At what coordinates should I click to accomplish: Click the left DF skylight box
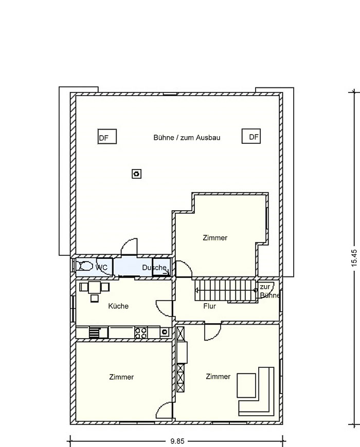(x=107, y=137)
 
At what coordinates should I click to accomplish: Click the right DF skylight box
(x=251, y=136)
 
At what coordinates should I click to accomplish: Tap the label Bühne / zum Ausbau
(x=187, y=138)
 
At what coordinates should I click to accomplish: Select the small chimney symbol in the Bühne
(x=137, y=174)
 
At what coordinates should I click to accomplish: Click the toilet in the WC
(x=85, y=266)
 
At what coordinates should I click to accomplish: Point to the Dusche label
(x=154, y=267)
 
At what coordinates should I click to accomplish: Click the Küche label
(x=118, y=306)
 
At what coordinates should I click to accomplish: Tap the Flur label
(x=210, y=306)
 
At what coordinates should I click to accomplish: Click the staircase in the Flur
(x=225, y=290)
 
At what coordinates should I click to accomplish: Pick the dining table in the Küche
(x=95, y=287)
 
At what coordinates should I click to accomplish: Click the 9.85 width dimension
(x=177, y=441)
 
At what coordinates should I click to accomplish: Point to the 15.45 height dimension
(x=354, y=258)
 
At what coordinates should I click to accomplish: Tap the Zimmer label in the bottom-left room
(x=121, y=377)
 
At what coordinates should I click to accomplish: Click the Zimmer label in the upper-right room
(x=215, y=238)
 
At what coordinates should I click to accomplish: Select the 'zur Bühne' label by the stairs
(x=269, y=291)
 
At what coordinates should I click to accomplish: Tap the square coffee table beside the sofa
(x=246, y=385)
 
